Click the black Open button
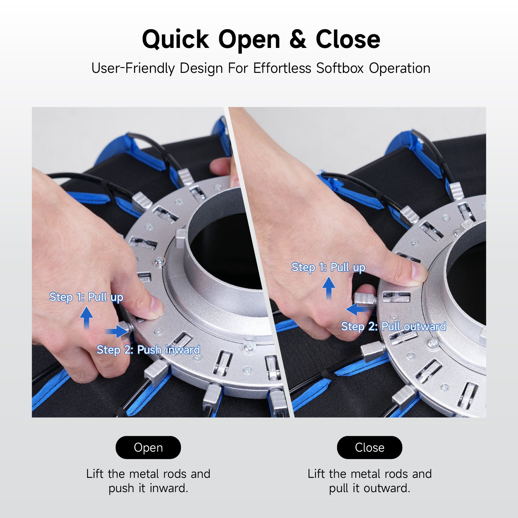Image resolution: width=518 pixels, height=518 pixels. pos(148,447)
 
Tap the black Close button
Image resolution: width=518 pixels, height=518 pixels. pos(369,447)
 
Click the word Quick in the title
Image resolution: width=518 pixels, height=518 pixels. pos(176,39)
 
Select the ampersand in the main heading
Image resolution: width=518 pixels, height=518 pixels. pos(298,39)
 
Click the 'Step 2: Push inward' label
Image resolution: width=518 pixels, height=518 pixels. pos(148,350)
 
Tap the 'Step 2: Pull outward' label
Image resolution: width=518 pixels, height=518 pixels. pos(394,326)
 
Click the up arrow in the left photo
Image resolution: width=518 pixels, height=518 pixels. pos(86,318)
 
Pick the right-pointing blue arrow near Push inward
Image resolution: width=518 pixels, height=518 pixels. pos(117,332)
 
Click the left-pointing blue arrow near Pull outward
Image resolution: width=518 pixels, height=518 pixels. pos(357,309)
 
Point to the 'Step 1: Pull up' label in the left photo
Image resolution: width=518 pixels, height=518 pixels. pos(86,297)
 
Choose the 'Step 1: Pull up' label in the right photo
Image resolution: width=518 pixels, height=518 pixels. pos(328,267)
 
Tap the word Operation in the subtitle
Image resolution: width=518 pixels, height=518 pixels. pos(400,68)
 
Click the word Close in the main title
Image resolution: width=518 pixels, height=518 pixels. pos(348,39)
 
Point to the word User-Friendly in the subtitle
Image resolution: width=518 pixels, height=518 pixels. pos(133,68)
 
